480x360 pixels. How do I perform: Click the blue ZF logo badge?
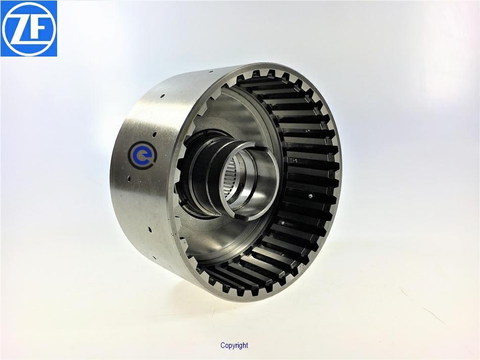29,28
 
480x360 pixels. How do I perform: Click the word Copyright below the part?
234,345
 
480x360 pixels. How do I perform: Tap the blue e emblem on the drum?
142,155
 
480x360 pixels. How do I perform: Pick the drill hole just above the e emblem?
155,134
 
